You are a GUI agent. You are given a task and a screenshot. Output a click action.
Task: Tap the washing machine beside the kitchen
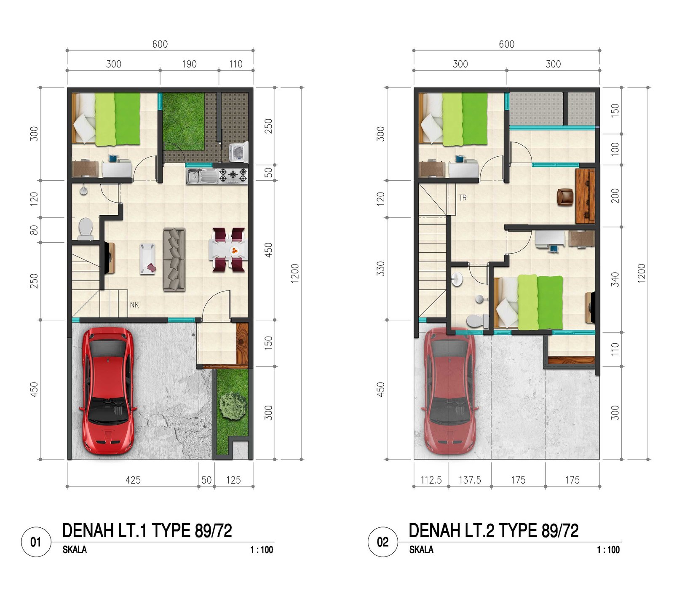point(238,152)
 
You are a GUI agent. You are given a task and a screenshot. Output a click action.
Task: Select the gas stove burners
point(233,175)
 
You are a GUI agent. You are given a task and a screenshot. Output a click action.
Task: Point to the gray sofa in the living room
point(174,259)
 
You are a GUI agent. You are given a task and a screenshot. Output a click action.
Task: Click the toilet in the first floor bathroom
point(86,229)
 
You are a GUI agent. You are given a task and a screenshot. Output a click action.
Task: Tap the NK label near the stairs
point(134,305)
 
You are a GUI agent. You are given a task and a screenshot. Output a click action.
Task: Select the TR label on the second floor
point(463,198)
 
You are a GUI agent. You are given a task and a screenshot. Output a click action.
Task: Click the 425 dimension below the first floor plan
point(133,480)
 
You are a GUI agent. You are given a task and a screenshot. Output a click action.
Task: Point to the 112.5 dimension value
point(431,480)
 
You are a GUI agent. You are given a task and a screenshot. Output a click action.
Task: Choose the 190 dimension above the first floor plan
point(189,64)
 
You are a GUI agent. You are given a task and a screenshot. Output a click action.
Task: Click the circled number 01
point(36,542)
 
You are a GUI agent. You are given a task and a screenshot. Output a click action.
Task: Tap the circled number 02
point(383,542)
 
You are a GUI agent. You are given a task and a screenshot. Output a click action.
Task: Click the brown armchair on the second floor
point(565,197)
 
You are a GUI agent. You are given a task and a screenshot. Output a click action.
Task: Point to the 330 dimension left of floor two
point(380,268)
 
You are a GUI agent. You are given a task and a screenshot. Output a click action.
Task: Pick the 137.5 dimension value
point(470,480)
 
